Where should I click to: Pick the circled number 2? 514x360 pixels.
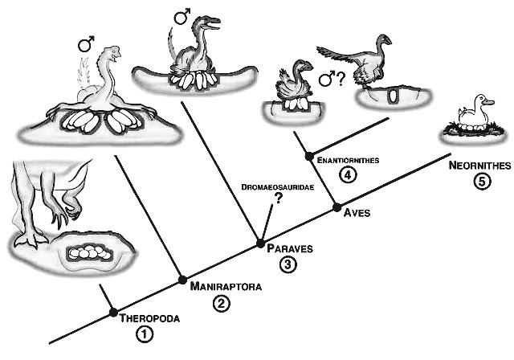coord(221,303)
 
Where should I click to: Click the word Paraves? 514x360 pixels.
coord(290,248)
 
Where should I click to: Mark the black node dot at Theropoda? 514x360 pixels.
coord(113,313)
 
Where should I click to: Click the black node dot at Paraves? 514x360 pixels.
coord(259,242)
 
